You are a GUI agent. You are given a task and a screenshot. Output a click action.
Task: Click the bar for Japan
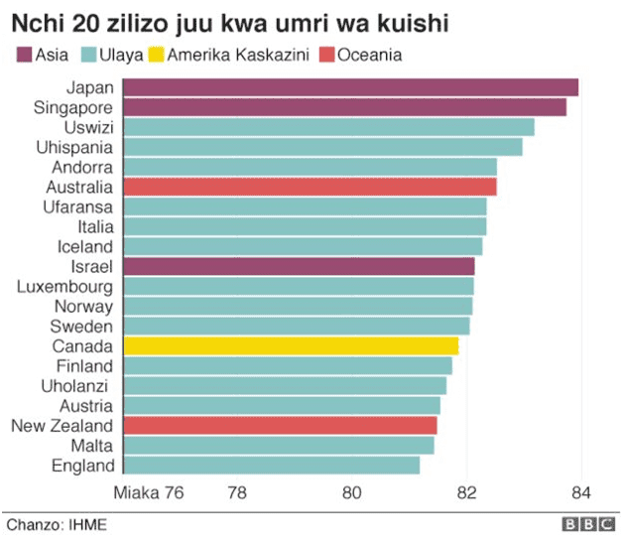click(351, 87)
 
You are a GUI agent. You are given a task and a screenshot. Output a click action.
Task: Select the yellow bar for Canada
click(291, 345)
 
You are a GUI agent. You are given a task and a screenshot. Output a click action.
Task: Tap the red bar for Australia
click(310, 187)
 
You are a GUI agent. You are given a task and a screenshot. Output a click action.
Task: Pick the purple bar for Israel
click(299, 266)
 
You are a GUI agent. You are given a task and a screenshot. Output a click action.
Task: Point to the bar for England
click(272, 466)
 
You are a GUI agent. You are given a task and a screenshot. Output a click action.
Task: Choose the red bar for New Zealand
click(280, 425)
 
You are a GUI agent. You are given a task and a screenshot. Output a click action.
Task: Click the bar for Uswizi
click(329, 127)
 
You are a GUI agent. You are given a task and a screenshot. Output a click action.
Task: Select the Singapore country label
click(73, 108)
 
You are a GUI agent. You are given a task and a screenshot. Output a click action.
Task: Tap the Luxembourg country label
click(64, 287)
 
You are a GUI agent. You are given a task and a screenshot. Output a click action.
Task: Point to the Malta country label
click(92, 446)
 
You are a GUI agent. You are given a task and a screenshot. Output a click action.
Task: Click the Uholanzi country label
click(74, 386)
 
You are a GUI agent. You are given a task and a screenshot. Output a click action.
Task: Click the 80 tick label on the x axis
click(351, 493)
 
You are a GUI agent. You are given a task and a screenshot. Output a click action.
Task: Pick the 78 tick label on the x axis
click(237, 493)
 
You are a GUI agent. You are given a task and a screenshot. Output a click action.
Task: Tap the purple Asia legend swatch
click(24, 55)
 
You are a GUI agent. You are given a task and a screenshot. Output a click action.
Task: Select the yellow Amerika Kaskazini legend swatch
click(156, 55)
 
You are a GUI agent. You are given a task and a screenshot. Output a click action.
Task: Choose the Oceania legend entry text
click(369, 55)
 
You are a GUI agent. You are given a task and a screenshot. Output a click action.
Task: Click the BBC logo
click(589, 525)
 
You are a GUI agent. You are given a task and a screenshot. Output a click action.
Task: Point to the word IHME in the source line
click(88, 525)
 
